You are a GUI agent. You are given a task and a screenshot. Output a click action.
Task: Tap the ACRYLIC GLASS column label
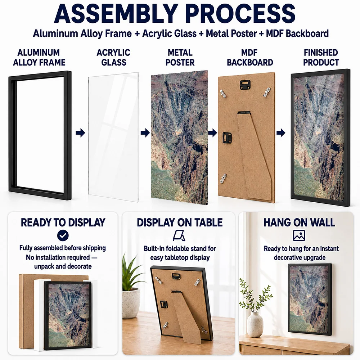pos(113,57)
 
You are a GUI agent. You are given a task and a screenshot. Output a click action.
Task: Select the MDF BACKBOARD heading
pos(250,57)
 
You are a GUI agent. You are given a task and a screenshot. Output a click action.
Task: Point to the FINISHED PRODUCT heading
pos(321,57)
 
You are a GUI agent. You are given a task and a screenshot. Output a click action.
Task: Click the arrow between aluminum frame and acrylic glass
pos(80,133)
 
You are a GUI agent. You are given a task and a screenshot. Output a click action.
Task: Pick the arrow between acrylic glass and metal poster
pos(145,133)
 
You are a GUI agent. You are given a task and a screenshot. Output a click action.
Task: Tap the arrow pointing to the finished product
pos(281,133)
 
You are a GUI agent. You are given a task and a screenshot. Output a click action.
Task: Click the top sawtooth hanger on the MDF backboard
pos(245,85)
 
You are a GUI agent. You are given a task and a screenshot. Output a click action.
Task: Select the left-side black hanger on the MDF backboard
pos(227,138)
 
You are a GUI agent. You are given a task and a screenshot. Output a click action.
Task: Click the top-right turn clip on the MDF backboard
pos(267,92)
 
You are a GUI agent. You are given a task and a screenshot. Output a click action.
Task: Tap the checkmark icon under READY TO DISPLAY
pos(63,235)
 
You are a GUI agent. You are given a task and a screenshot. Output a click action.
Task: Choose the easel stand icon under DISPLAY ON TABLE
pos(179,236)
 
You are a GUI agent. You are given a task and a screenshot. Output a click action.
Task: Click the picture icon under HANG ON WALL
pos(299,235)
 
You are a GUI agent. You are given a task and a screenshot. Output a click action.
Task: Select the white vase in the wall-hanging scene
pos(255,325)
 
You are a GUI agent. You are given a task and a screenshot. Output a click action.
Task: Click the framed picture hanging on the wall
pos(310,300)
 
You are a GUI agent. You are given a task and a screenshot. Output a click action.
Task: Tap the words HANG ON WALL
pos(299,222)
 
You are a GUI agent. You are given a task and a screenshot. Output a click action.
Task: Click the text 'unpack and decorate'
pos(63,266)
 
